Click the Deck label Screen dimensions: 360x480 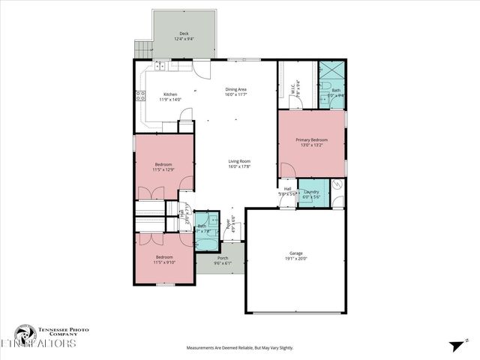point(184,34)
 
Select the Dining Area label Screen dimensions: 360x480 point(236,88)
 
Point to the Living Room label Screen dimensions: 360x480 point(239,160)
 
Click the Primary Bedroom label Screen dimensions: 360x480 point(313,139)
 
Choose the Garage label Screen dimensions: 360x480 point(296,253)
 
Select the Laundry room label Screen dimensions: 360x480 point(311,192)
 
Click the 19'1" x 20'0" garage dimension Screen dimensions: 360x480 point(296,259)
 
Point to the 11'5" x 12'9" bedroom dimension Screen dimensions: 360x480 point(163,169)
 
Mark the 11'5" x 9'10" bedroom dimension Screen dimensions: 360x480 point(163,263)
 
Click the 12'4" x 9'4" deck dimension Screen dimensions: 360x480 point(184,39)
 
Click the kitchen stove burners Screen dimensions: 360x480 point(139,94)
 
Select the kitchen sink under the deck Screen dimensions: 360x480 point(160,65)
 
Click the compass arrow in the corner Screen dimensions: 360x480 point(457,345)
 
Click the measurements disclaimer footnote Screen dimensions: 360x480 point(240,348)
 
